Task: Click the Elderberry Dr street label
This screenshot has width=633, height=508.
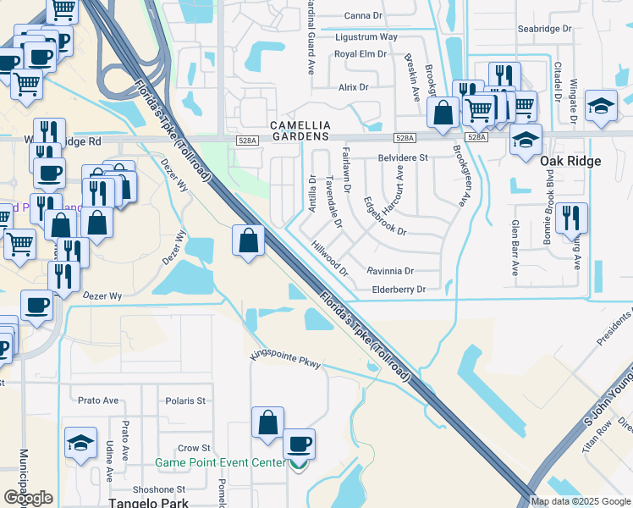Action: pyautogui.click(x=398, y=290)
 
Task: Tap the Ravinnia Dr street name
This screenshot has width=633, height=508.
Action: pyautogui.click(x=390, y=271)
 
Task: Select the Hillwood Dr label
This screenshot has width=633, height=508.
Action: pyautogui.click(x=330, y=258)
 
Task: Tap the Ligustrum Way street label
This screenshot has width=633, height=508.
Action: pyautogui.click(x=366, y=37)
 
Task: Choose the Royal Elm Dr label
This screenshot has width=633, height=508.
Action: pyautogui.click(x=360, y=53)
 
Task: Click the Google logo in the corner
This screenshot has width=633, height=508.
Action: pyautogui.click(x=28, y=498)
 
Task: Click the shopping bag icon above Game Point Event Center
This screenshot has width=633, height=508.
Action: pyautogui.click(x=267, y=422)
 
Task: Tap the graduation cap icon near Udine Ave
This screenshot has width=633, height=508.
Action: pyautogui.click(x=80, y=443)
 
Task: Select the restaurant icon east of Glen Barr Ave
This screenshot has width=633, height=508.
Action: pyautogui.click(x=571, y=218)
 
